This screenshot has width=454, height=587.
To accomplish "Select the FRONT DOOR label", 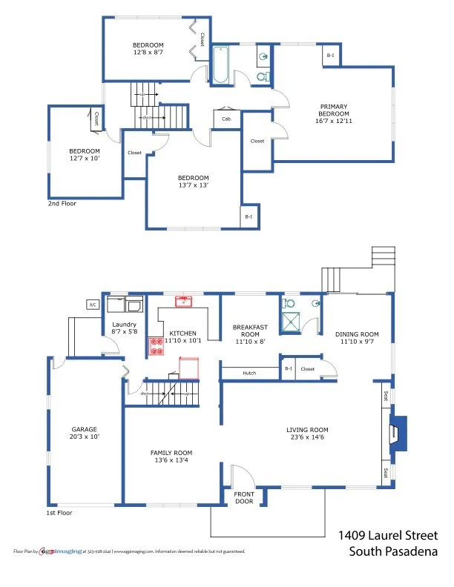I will [x=244, y=498].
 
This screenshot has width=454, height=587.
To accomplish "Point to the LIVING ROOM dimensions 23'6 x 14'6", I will [x=307, y=438].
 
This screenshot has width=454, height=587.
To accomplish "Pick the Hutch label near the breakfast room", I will [x=249, y=373].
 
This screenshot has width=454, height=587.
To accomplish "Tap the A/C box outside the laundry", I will [x=93, y=305].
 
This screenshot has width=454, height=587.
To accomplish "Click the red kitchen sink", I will [x=183, y=301].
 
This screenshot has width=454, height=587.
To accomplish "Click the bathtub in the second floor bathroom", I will [x=221, y=65].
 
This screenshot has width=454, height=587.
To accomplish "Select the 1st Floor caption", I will [x=60, y=512].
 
